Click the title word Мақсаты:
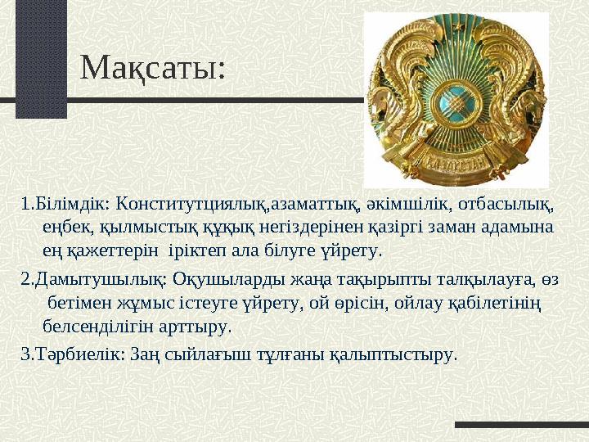tap(153, 68)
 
